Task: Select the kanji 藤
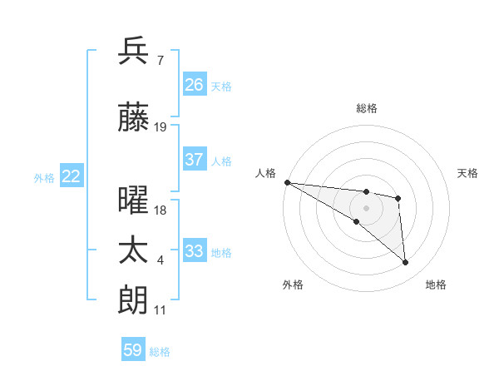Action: click(134, 117)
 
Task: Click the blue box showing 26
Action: click(195, 85)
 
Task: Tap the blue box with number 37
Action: click(195, 161)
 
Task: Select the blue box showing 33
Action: click(195, 252)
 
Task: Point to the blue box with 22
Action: click(72, 176)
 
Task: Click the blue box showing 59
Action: click(133, 350)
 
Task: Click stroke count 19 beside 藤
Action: click(161, 127)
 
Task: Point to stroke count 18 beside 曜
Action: click(161, 210)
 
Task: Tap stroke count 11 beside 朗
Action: click(161, 310)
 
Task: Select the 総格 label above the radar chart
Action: click(367, 108)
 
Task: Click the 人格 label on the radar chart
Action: click(265, 173)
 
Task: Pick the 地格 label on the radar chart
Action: click(436, 285)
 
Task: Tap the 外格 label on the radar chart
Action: click(293, 285)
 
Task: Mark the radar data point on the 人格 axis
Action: click(287, 182)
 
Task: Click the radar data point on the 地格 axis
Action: click(406, 263)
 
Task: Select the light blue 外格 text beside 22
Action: click(44, 177)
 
